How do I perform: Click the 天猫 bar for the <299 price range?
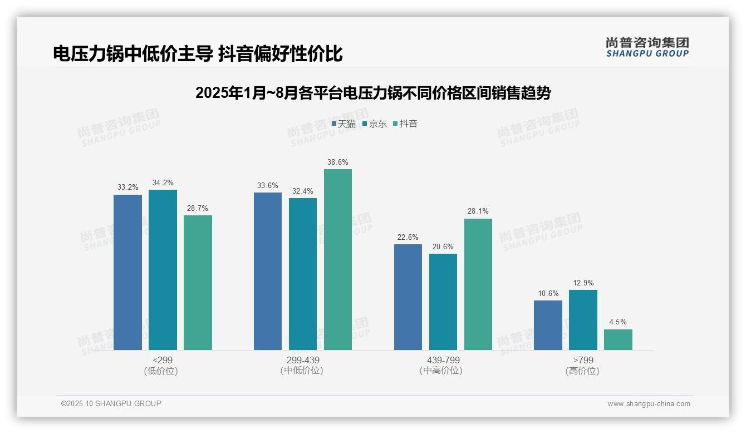pyautogui.click(x=127, y=272)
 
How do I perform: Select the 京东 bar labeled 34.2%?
pyautogui.click(x=163, y=270)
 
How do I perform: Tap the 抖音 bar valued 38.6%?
pyautogui.click(x=338, y=259)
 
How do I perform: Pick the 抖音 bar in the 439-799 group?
pyautogui.click(x=478, y=284)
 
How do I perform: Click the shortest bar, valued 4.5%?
pyautogui.click(x=618, y=339)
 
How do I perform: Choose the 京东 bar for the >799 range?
pyautogui.click(x=583, y=320)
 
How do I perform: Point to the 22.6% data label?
pyautogui.click(x=408, y=238)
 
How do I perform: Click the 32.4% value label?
pyautogui.click(x=302, y=191)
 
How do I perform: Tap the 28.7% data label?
pyautogui.click(x=198, y=209)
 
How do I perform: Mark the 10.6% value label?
pyautogui.click(x=548, y=294)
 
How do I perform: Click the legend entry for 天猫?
pyautogui.click(x=343, y=124)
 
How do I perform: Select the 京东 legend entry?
pyautogui.click(x=374, y=124)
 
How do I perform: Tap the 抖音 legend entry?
pyautogui.click(x=405, y=124)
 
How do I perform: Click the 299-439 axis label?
pyautogui.click(x=302, y=360)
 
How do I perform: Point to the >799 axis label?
pyautogui.click(x=583, y=360)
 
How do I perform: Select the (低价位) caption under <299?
pyautogui.click(x=161, y=371)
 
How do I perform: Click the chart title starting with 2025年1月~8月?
pyautogui.click(x=372, y=93)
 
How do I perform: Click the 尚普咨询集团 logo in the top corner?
pyautogui.click(x=647, y=47)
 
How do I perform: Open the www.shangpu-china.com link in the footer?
pyautogui.click(x=649, y=404)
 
